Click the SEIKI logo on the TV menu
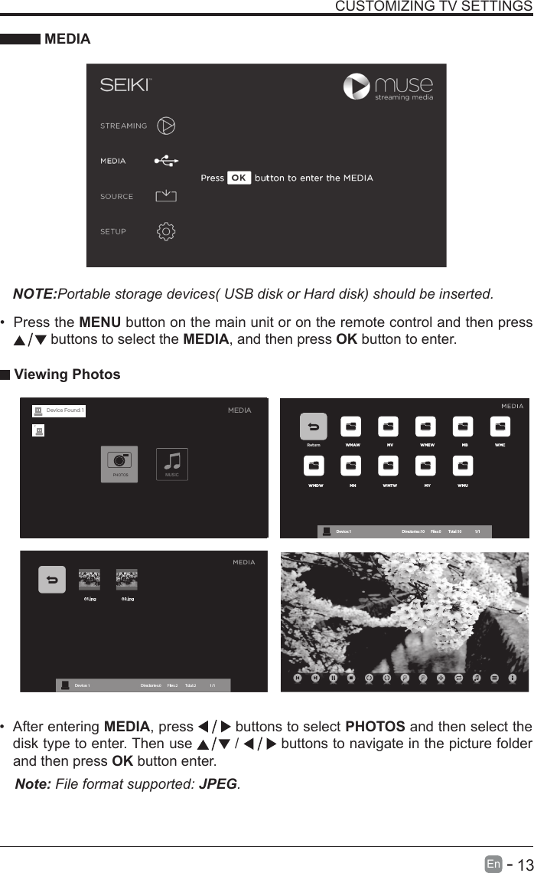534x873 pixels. tap(125, 85)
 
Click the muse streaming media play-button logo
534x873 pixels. tap(357, 86)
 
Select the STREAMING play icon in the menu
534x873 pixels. tap(167, 126)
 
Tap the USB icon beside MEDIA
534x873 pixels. tap(166, 162)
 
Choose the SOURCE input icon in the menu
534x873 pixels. tap(166, 197)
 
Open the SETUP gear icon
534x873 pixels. tap(166, 231)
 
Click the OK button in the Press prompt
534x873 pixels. tap(239, 178)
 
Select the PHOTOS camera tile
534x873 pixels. tap(119, 462)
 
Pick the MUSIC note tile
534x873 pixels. tap(172, 462)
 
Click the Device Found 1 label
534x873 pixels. tap(65, 410)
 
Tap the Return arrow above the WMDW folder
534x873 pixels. tap(313, 427)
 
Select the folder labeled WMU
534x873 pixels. tap(463, 466)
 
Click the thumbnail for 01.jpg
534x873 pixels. tap(90, 580)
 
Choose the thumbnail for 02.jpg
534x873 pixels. tap(126, 580)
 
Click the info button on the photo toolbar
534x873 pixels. tap(513, 678)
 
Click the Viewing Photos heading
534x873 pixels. tap(67, 374)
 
